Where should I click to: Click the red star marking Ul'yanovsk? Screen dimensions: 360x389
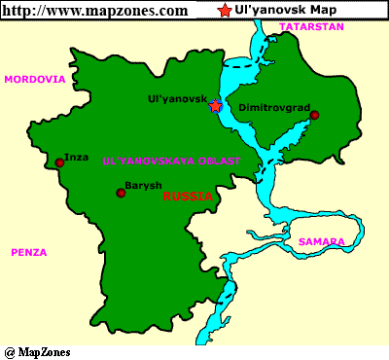215,106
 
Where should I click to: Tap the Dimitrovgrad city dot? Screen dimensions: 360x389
314,116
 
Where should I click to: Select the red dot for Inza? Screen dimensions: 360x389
60,163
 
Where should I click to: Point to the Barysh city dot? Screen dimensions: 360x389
121,193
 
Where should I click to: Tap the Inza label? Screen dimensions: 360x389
76,156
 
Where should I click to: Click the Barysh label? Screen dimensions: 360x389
145,185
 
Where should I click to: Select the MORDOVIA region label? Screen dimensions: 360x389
35,79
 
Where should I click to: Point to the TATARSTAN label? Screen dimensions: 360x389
312,27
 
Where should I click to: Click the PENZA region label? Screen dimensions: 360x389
29,252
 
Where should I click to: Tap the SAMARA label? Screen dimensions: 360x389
321,241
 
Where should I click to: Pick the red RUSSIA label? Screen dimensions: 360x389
189,196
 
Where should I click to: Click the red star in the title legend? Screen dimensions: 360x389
226,11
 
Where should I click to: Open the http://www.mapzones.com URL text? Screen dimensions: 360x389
96,11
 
